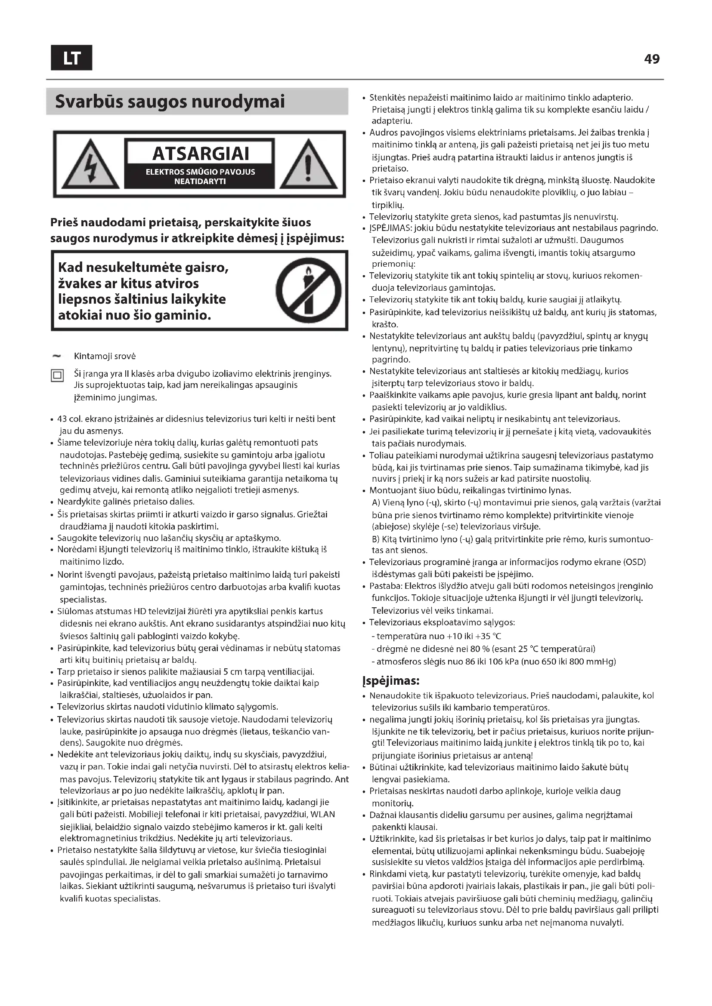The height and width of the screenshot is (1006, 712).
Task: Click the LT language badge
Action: [x=71, y=58]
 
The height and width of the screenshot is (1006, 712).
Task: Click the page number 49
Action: [x=652, y=59]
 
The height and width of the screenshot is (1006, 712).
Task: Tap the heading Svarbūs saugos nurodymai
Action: [x=170, y=102]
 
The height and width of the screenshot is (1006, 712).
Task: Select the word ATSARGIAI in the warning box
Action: [x=201, y=154]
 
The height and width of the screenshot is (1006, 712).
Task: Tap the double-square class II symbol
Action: [x=57, y=375]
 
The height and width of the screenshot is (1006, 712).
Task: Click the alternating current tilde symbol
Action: [x=57, y=356]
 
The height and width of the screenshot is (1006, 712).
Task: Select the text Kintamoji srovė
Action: [x=105, y=356]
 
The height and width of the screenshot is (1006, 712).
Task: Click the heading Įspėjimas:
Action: [x=391, y=681]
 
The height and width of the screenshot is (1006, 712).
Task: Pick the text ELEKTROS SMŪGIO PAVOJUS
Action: [x=200, y=172]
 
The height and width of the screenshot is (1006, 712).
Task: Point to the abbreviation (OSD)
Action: [x=635, y=562]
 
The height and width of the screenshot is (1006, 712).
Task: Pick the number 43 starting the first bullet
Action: [x=65, y=419]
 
